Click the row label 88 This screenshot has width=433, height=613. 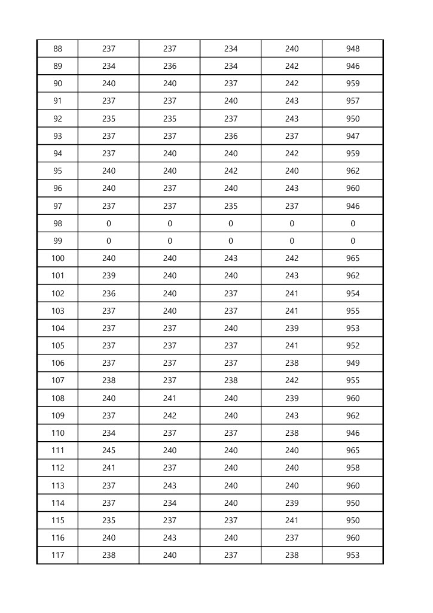(57, 48)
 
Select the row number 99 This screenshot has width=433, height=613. (57, 241)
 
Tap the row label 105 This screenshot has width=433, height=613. (57, 345)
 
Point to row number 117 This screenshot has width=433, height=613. (57, 555)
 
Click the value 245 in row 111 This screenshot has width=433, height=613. (109, 450)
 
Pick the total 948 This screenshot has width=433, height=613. (353, 48)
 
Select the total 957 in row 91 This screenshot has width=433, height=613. (353, 101)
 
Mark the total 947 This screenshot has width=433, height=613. (353, 136)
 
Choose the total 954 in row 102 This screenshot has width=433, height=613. (353, 293)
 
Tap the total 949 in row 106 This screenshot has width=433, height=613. (353, 363)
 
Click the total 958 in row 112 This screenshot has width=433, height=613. (353, 468)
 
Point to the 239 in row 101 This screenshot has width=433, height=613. (109, 275)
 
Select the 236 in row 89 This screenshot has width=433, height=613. (170, 66)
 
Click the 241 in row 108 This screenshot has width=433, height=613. (170, 398)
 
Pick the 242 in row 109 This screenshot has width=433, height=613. (170, 415)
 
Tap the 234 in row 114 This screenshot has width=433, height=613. (170, 503)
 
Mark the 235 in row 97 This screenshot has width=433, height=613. (231, 206)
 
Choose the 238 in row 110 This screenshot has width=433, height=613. (292, 433)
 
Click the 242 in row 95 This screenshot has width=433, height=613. (231, 171)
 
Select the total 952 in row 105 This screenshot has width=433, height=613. (353, 345)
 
